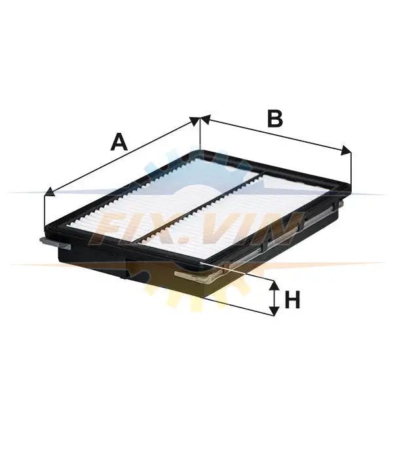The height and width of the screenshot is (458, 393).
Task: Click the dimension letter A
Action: (119, 142)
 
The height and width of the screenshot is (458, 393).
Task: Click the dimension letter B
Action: (275, 119)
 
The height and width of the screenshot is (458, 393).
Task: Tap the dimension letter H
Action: (292, 300)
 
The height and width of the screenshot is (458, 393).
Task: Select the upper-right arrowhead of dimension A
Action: (195, 120)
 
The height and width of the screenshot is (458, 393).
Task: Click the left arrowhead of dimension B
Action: (206, 120)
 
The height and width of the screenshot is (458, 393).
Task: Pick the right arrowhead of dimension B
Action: (346, 150)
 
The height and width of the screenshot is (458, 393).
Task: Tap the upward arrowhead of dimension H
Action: (274, 286)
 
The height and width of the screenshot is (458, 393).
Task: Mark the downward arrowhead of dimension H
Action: (274, 311)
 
